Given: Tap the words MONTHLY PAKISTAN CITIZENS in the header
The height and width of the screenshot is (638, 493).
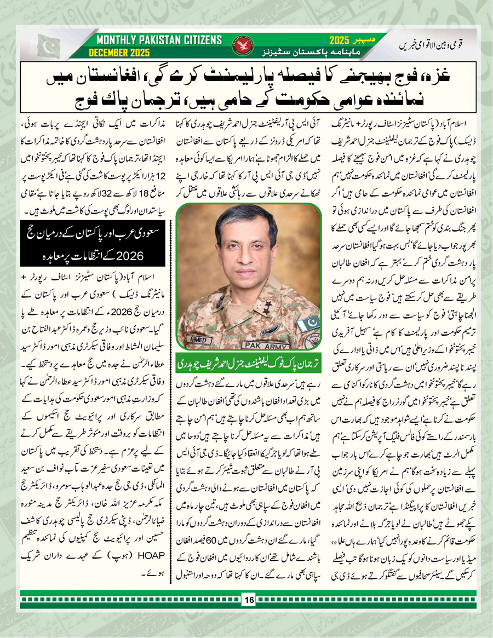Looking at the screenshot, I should click(159, 40).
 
